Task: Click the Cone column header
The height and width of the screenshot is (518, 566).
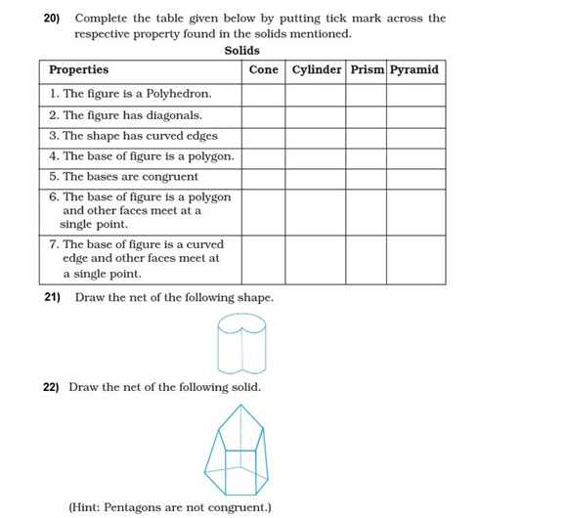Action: click(264, 70)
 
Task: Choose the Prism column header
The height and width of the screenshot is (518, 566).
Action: click(367, 70)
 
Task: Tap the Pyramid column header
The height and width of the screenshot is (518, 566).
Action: click(414, 70)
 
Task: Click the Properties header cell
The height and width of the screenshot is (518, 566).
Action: click(79, 70)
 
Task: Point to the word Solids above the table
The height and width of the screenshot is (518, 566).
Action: click(241, 50)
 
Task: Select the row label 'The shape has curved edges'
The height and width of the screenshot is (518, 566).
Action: click(133, 136)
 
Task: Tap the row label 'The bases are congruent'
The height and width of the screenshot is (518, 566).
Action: click(123, 177)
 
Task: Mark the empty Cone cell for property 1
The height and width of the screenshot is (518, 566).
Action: click(264, 95)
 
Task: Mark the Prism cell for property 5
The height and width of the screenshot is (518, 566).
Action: click(367, 177)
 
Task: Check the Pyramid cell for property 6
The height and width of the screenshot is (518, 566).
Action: click(415, 210)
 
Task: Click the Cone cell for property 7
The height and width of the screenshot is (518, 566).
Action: click(264, 259)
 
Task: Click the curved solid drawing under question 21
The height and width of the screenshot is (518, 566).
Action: click(239, 343)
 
